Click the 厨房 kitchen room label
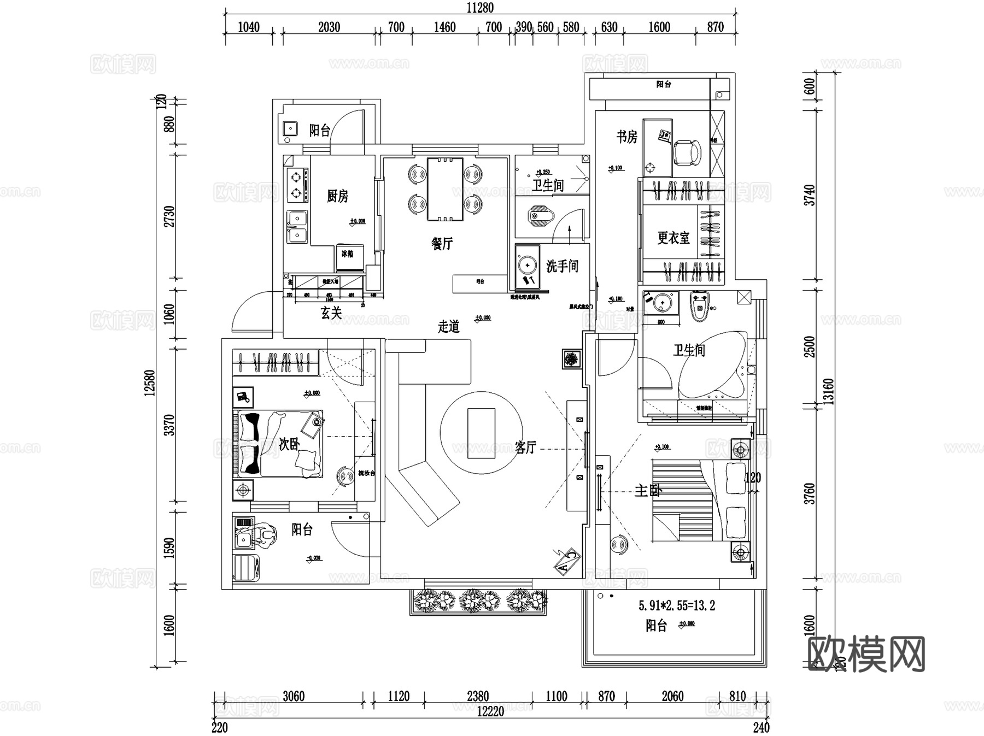(x=337, y=196)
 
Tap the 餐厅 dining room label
(x=442, y=243)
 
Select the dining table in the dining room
(x=445, y=189)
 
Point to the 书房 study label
(x=627, y=137)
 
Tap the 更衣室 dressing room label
(x=673, y=238)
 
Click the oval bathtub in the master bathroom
(x=712, y=365)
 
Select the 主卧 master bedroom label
(x=648, y=490)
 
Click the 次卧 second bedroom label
(x=289, y=444)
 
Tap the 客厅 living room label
(x=525, y=448)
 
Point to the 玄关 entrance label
(x=331, y=313)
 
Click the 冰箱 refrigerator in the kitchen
(x=349, y=257)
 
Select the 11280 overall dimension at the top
(x=480, y=8)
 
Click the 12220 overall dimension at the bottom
(x=490, y=711)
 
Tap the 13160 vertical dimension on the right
(x=829, y=391)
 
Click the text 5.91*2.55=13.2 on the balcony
(x=676, y=605)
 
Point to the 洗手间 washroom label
(x=562, y=266)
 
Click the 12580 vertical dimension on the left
(x=150, y=382)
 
